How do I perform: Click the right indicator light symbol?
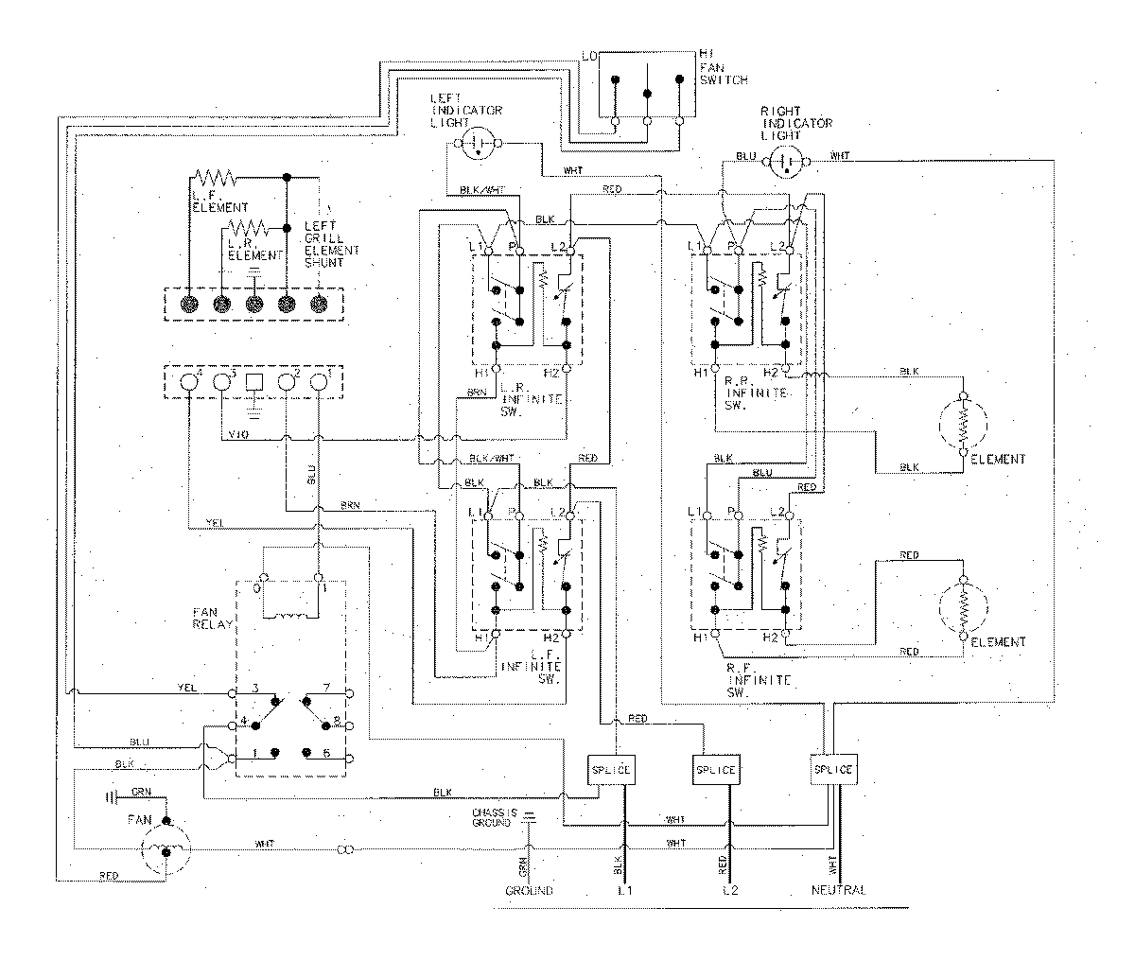786,164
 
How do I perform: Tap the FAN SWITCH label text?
723,68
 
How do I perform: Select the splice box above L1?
610,769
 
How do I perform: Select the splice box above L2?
715,769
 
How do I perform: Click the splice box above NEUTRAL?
834,769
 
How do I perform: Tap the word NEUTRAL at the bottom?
838,891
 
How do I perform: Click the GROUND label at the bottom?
529,891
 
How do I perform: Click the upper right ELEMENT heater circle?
963,423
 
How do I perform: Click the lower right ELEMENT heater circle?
963,605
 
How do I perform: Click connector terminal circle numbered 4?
189,381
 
